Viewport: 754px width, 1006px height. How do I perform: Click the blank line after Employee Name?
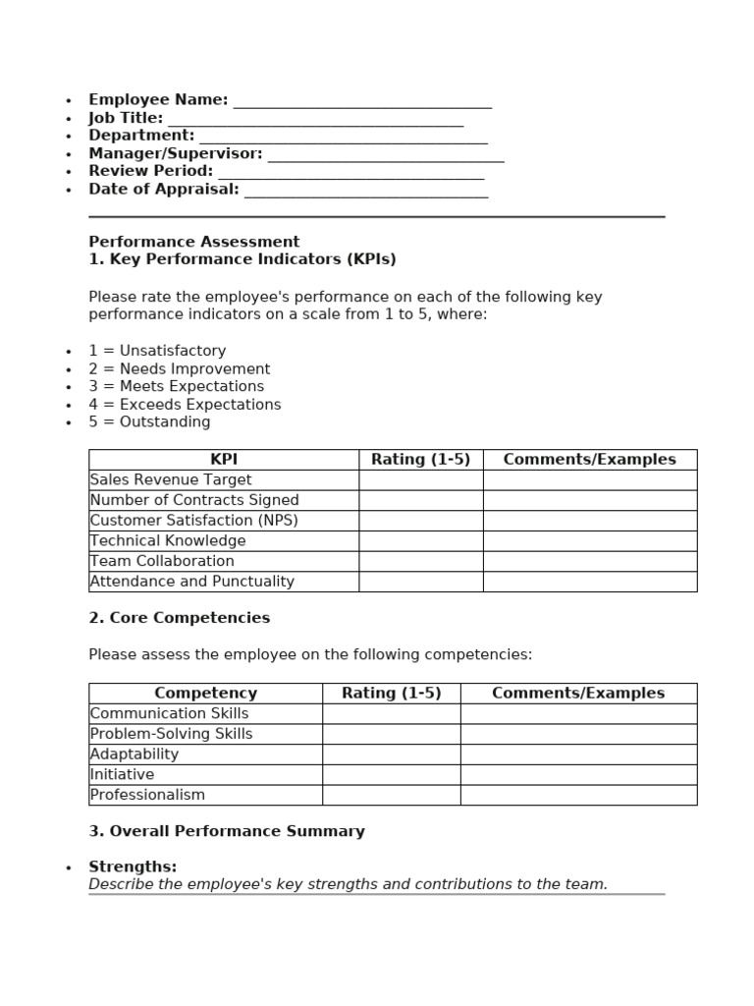pos(362,102)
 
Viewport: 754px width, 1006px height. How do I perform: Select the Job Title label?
pos(126,118)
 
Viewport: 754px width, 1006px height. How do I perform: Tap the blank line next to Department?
pos(343,138)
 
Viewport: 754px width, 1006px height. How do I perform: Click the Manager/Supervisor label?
pos(176,153)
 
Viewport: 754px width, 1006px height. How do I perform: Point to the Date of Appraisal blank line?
pos(365,192)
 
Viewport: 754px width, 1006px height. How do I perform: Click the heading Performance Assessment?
pos(193,242)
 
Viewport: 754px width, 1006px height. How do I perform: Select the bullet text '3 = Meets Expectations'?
pos(176,386)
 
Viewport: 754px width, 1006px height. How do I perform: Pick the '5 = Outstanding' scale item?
pos(149,422)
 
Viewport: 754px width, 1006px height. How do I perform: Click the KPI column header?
pos(224,460)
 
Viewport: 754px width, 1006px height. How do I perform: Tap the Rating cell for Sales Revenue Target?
pos(420,480)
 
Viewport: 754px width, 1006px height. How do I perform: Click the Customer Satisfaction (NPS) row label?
pos(193,521)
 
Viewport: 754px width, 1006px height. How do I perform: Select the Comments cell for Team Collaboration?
pos(589,561)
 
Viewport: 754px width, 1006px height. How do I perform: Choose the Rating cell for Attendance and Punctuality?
pos(420,582)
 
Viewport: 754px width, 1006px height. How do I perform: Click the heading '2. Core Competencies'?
pos(179,618)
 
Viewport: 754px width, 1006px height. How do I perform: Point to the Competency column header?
pos(205,694)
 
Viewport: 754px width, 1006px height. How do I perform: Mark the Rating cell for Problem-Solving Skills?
pos(391,734)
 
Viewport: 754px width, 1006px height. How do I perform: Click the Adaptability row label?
pos(135,754)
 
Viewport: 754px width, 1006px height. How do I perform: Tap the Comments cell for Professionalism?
pos(578,795)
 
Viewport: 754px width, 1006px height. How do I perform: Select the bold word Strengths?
pos(133,866)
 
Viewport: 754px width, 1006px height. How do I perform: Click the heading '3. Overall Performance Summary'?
pos(227,831)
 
